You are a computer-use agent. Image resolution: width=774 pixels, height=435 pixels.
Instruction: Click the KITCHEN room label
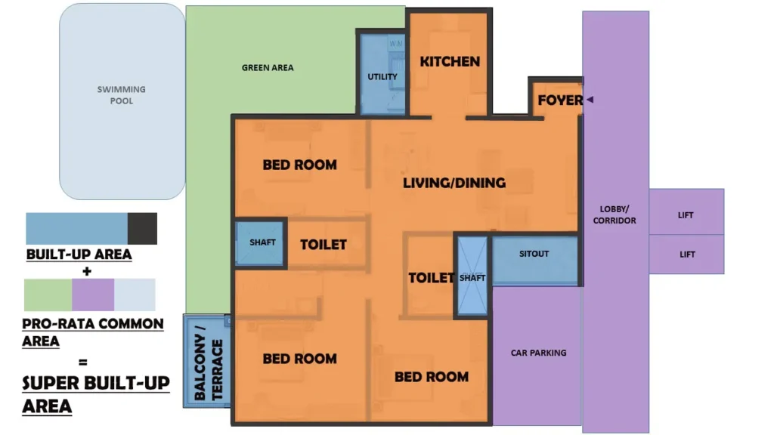pyautogui.click(x=450, y=62)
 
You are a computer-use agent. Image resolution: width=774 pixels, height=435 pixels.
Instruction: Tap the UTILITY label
pyautogui.click(x=382, y=77)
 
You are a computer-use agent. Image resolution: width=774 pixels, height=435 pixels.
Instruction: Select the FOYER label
pyautogui.click(x=560, y=100)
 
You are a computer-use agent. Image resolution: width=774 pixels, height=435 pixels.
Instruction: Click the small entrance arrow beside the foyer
pyautogui.click(x=590, y=100)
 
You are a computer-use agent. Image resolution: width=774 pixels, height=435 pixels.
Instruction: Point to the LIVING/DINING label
pyautogui.click(x=454, y=183)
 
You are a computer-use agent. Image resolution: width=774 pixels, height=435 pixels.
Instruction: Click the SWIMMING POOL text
pyautogui.click(x=122, y=95)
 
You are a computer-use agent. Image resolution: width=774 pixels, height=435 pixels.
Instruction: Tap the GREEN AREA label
pyautogui.click(x=268, y=67)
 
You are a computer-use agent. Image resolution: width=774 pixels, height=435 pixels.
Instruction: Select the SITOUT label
pyautogui.click(x=534, y=254)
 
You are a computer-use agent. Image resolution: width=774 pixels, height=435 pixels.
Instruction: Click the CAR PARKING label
pyautogui.click(x=538, y=353)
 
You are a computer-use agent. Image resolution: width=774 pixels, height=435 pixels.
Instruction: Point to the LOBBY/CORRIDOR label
pyautogui.click(x=615, y=215)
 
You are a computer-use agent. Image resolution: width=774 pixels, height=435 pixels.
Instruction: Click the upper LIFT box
pyautogui.click(x=686, y=211)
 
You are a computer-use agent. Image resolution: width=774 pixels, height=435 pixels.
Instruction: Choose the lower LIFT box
pyautogui.click(x=686, y=254)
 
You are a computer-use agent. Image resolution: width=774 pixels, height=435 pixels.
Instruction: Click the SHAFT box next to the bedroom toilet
pyautogui.click(x=261, y=243)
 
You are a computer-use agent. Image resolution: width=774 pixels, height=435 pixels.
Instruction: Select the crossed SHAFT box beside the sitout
pyautogui.click(x=472, y=276)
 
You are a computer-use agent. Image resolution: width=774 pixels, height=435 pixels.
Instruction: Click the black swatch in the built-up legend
pyautogui.click(x=142, y=228)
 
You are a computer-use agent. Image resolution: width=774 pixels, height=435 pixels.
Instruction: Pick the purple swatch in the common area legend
pyautogui.click(x=93, y=295)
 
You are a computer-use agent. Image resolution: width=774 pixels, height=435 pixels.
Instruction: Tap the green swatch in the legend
pyautogui.click(x=48, y=295)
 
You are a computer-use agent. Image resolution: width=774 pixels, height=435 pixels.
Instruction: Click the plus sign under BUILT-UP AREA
pyautogui.click(x=87, y=271)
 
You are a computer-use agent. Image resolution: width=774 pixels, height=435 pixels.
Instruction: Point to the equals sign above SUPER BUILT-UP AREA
pyautogui.click(x=83, y=362)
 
